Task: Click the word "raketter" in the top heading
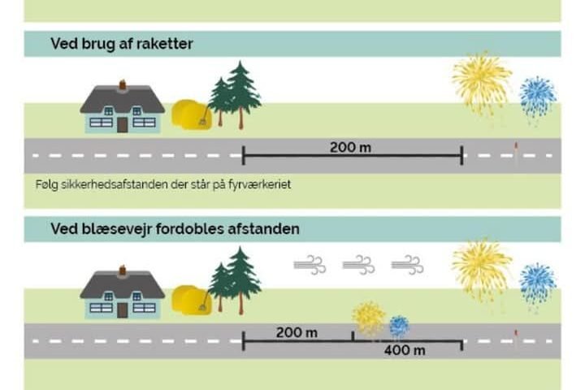165,44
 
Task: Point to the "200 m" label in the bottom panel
296,333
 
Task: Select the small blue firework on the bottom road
398,326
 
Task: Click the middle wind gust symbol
358,265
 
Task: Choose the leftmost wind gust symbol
310,265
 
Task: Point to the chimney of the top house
123,83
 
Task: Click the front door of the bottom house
123,310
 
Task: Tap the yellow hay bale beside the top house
192,115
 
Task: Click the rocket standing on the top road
515,151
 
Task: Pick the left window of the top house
101,122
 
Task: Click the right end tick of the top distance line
461,155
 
